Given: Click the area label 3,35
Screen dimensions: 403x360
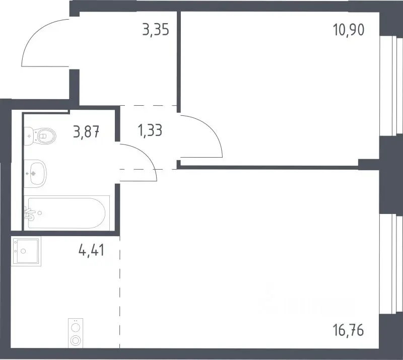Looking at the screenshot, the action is point(156,29).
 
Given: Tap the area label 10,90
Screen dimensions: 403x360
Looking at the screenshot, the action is point(349,29).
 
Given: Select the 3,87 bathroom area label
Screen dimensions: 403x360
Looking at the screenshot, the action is point(86,131).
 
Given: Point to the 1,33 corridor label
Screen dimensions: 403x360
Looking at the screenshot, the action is point(150,130).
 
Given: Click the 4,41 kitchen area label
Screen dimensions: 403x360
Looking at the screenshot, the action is point(92,250).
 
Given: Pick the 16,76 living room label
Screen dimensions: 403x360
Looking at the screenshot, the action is point(349,330).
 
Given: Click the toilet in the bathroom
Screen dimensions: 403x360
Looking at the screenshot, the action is point(40,136).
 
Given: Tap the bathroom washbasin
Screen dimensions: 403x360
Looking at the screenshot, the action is point(35,173).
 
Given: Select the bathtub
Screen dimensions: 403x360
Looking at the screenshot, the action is point(67,213).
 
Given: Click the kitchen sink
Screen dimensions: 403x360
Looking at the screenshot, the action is point(26,251).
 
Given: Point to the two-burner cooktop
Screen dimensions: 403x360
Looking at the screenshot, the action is point(76,333).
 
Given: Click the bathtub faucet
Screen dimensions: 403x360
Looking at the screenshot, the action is point(30,214).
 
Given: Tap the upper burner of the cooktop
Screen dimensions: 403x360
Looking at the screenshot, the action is point(76,328).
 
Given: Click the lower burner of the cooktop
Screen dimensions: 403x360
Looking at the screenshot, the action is point(76,340).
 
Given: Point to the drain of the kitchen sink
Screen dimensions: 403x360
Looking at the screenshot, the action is point(23,251).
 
